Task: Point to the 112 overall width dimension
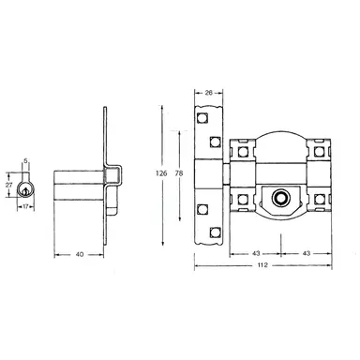coord(265,267)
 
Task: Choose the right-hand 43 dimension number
coord(307,253)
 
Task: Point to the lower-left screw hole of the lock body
coord(242,199)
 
